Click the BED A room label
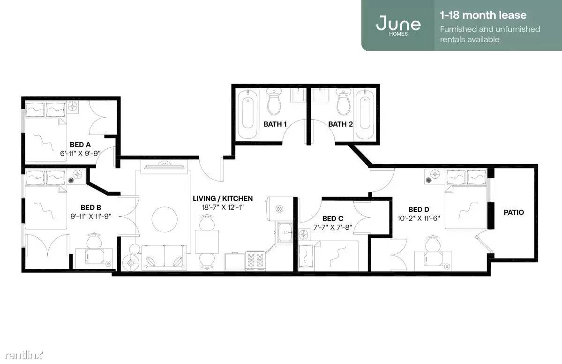(x=80, y=144)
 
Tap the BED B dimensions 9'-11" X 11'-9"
(x=90, y=216)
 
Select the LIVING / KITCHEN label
(x=223, y=198)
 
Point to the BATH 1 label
(x=275, y=124)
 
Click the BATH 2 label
(x=340, y=124)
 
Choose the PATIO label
(x=514, y=212)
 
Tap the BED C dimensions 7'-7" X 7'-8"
(x=333, y=227)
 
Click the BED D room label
(x=419, y=209)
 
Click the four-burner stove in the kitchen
(x=255, y=261)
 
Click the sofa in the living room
(x=164, y=258)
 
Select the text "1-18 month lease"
(x=483, y=15)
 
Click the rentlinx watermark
(x=23, y=355)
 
